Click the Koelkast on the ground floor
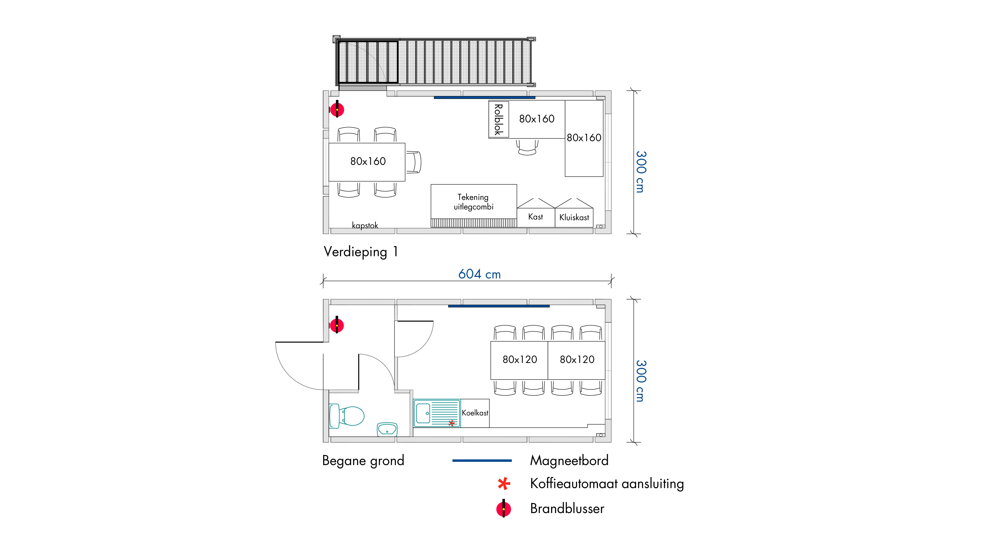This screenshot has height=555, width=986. click(x=475, y=413)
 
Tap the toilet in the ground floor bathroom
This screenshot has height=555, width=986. click(x=346, y=416)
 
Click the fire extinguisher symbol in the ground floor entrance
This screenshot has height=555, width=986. click(x=337, y=325)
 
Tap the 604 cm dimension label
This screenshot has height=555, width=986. click(x=480, y=274)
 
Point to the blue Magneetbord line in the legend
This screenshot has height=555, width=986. click(x=482, y=460)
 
